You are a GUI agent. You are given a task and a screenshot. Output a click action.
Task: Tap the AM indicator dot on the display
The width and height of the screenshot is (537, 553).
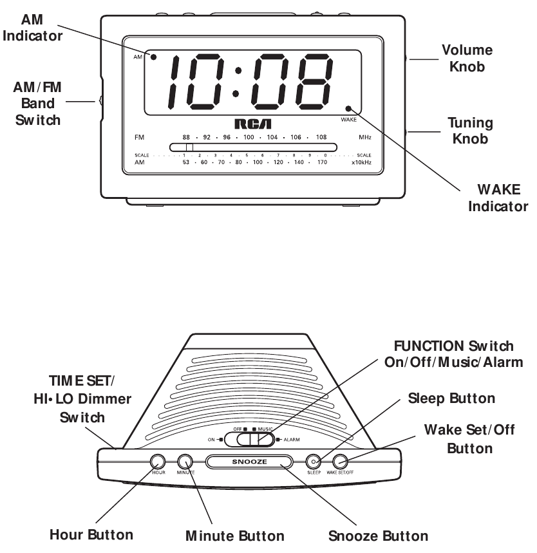coord(155,58)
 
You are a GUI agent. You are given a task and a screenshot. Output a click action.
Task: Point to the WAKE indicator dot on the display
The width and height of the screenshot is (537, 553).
coord(348,109)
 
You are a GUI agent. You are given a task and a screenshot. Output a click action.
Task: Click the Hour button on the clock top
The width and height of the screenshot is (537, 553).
coord(158,461)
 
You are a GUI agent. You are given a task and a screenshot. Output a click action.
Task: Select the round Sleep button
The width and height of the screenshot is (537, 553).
coord(314,462)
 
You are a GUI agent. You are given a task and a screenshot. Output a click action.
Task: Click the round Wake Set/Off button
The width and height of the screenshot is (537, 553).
coord(340,462)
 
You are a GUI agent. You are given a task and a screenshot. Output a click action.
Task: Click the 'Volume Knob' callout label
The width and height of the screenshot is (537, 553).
coord(467,57)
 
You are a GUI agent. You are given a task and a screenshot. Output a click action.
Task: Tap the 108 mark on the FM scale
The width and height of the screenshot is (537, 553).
coord(321,137)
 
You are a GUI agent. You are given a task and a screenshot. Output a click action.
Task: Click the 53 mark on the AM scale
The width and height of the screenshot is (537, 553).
coord(187,163)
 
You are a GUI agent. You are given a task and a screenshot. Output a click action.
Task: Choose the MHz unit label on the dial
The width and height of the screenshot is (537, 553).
coord(365,137)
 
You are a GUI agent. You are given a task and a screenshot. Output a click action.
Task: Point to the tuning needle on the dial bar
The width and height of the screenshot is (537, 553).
coord(189,147)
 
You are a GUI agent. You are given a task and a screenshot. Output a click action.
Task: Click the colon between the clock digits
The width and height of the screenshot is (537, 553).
coord(238,81)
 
